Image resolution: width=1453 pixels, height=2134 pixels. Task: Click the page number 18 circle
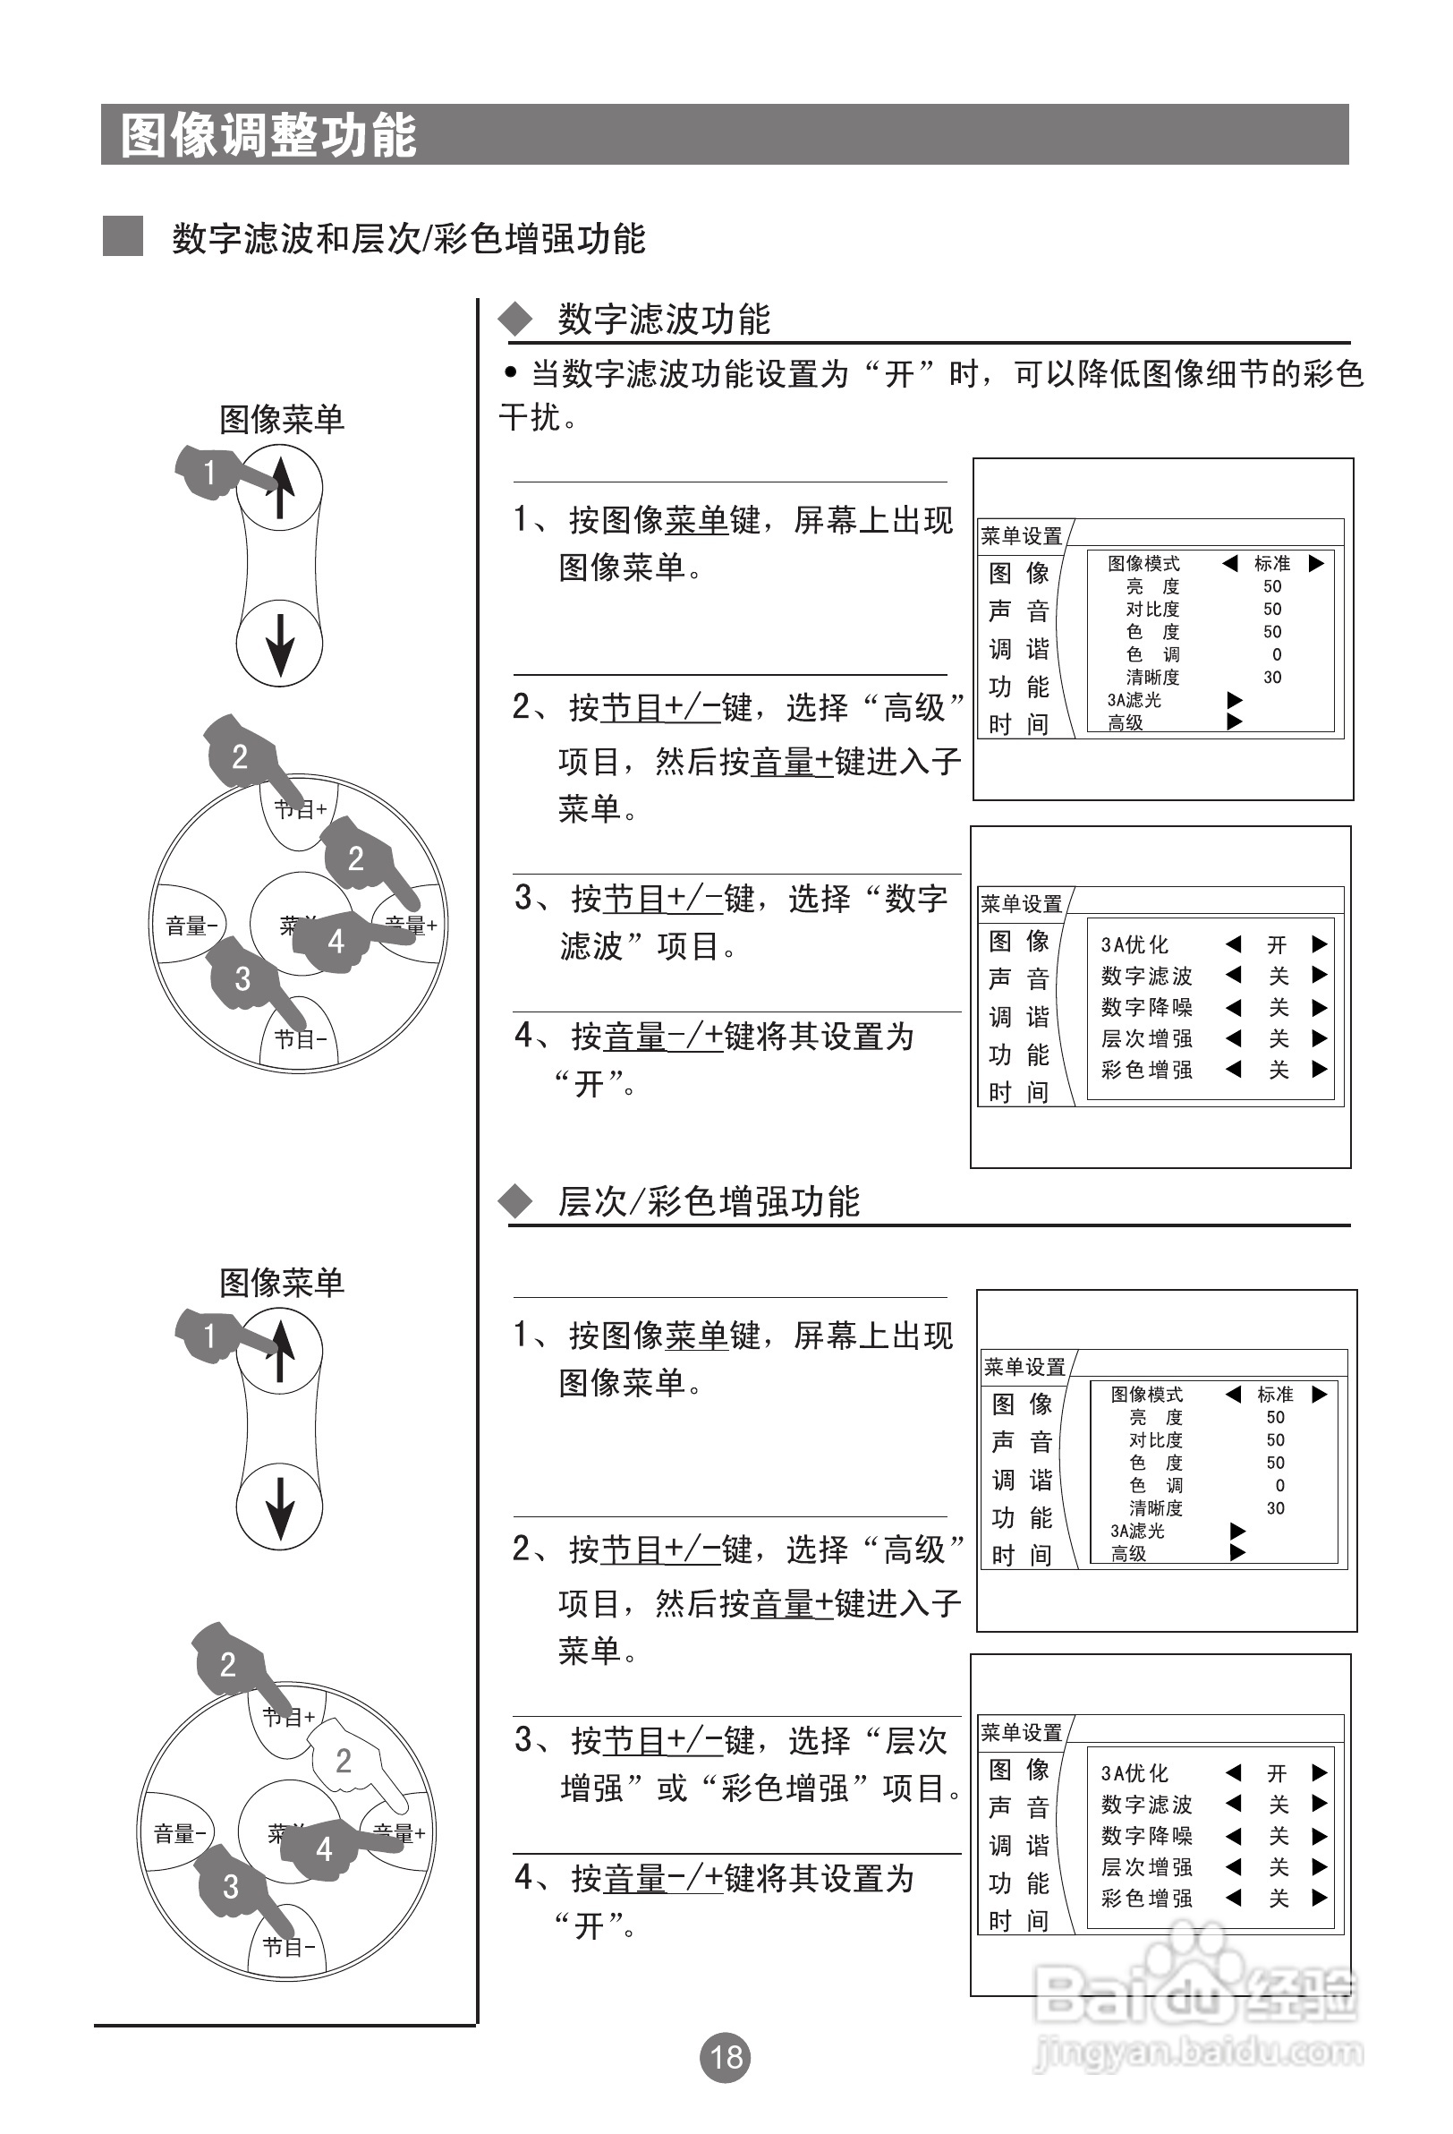click(x=725, y=2057)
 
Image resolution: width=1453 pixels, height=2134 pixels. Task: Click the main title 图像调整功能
click(x=269, y=136)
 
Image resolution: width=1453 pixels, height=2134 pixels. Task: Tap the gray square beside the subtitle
click(x=122, y=236)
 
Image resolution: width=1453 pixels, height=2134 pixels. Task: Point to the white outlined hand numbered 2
click(x=347, y=1755)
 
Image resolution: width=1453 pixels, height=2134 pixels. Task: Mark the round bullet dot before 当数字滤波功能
click(x=510, y=372)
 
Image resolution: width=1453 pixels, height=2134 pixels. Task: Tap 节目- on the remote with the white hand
click(x=288, y=1946)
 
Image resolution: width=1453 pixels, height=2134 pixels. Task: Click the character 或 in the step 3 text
click(x=672, y=1787)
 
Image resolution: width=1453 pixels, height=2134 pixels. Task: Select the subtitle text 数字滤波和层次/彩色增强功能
click(x=409, y=239)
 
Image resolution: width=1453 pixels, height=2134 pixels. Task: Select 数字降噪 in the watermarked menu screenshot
click(x=1146, y=1836)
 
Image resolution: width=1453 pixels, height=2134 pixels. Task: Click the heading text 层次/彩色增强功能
click(x=709, y=1201)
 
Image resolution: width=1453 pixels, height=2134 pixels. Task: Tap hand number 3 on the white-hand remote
click(x=229, y=1886)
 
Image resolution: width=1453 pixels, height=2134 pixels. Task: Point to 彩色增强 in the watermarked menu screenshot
click(x=1146, y=1898)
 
